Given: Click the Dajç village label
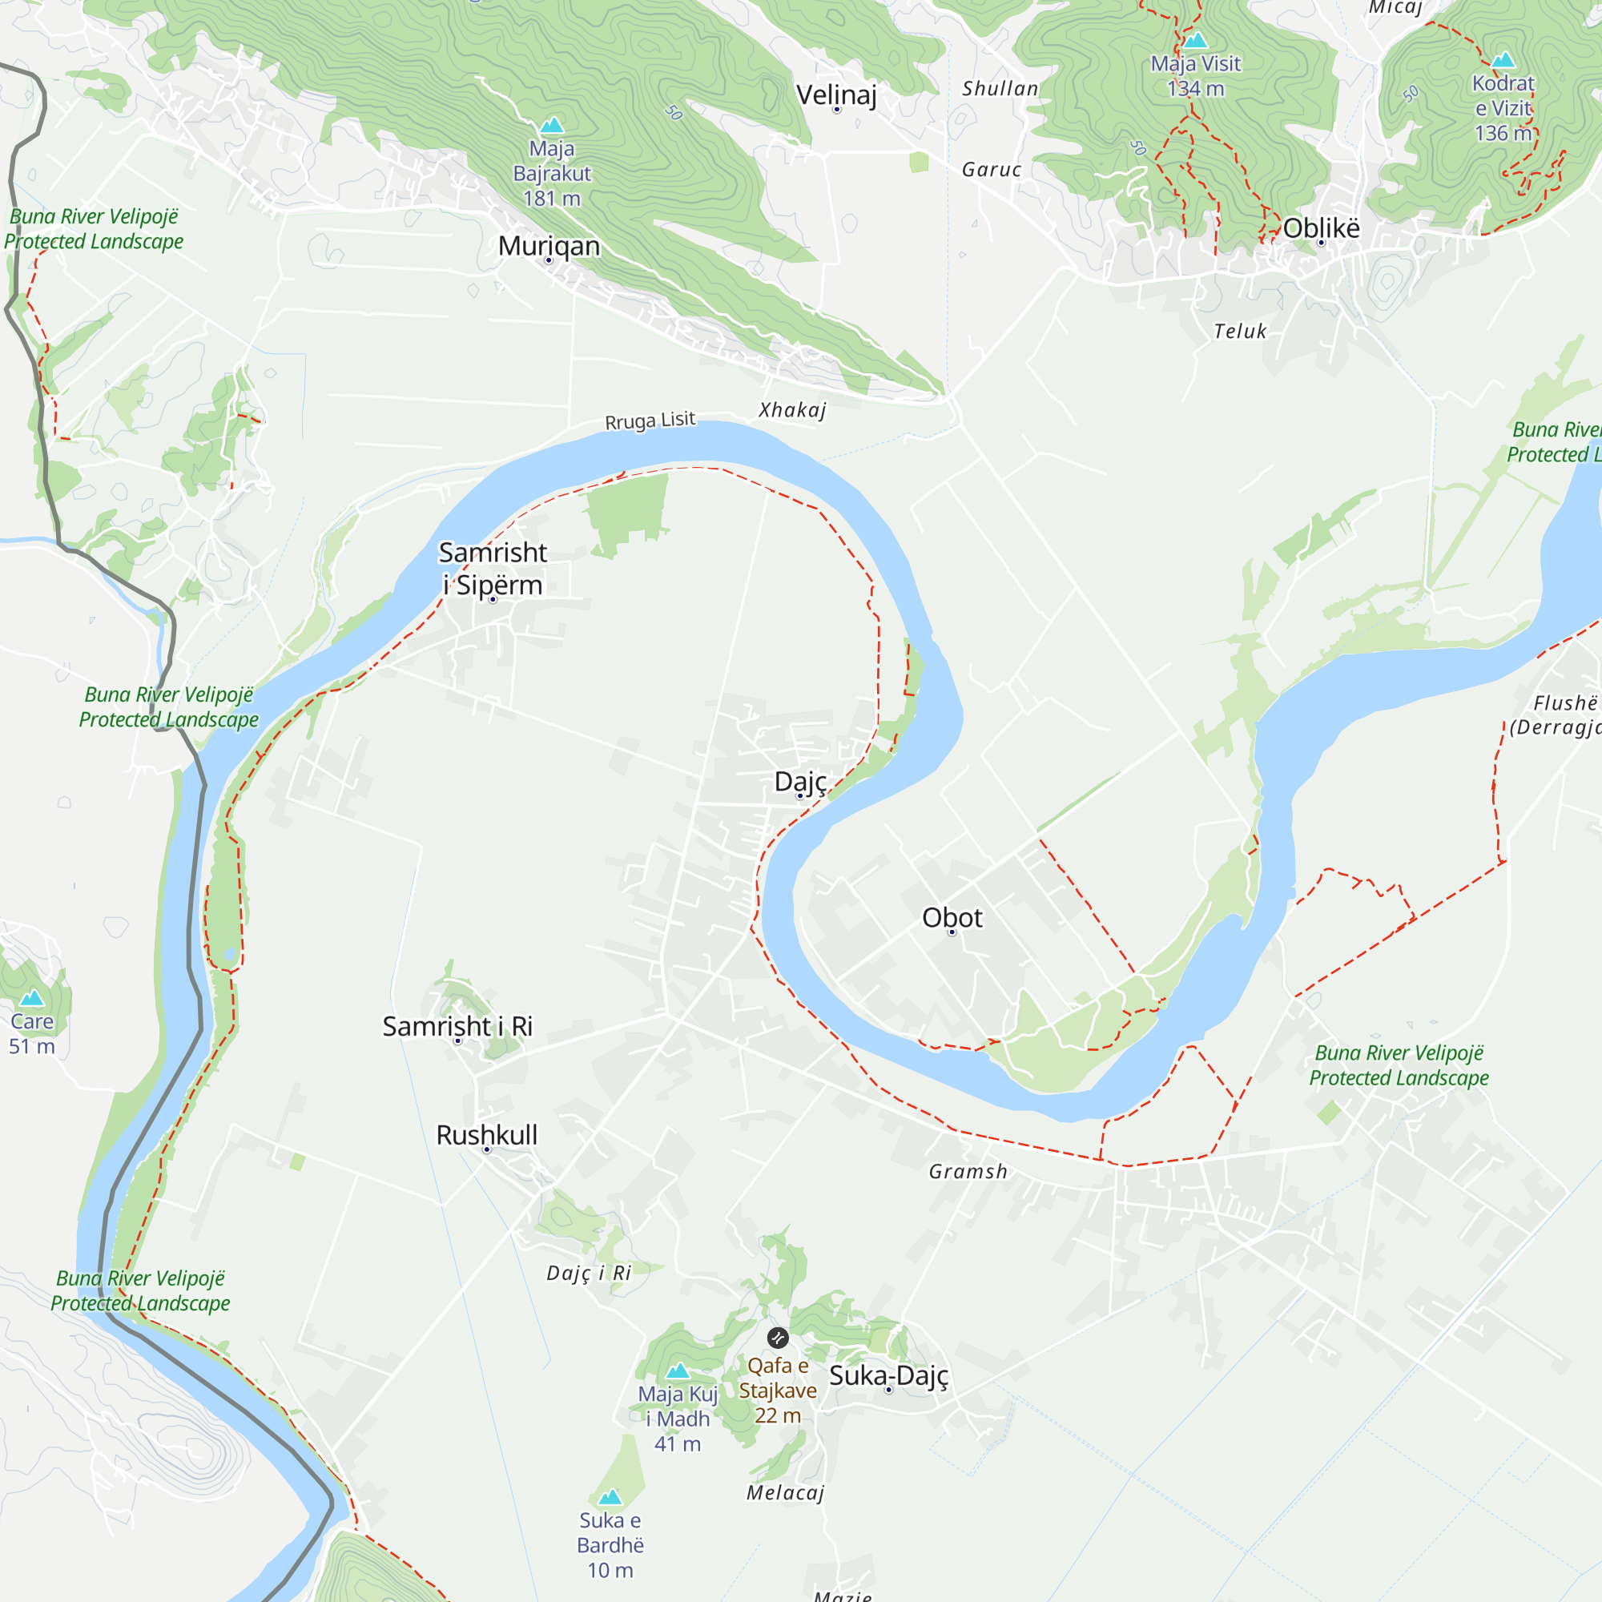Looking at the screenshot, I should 799,781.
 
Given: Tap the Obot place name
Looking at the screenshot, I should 952,917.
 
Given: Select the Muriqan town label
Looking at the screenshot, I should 548,245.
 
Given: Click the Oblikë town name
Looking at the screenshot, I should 1321,228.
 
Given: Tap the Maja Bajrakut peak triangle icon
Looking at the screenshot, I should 551,126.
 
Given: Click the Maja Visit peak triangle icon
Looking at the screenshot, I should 1195,41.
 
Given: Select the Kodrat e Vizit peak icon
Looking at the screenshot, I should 1503,61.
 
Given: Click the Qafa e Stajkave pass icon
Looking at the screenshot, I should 777,1338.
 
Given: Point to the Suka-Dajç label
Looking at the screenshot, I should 888,1375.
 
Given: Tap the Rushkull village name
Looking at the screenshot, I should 487,1134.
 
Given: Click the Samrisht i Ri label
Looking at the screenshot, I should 457,1026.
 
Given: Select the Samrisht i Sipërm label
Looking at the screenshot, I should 493,568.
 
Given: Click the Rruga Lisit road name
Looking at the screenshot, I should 650,421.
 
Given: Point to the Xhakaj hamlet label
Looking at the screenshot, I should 792,409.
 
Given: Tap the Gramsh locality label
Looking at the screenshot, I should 968,1171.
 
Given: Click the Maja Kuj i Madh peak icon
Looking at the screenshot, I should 678,1371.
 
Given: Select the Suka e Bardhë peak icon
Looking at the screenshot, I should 610,1497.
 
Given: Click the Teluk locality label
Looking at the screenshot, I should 1240,331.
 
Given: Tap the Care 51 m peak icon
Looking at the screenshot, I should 31,997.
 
